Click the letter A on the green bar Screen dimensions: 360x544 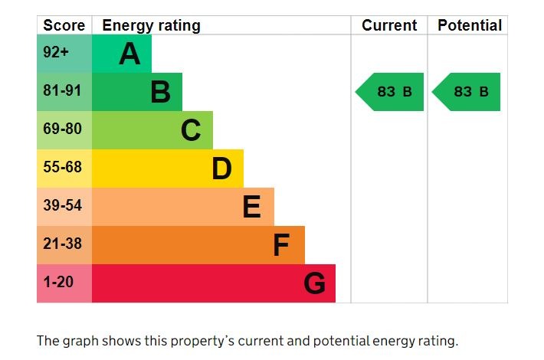click(129, 54)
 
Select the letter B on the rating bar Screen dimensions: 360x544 click(160, 92)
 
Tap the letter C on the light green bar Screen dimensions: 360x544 click(191, 130)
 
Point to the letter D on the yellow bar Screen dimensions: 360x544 click(221, 169)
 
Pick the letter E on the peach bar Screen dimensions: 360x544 click(251, 207)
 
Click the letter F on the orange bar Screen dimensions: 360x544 click(281, 245)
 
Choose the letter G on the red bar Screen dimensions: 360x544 click(314, 283)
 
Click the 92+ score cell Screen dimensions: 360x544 click(56, 54)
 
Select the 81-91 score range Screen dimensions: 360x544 click(62, 91)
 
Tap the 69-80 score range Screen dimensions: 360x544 click(62, 129)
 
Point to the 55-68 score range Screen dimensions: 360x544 click(62, 167)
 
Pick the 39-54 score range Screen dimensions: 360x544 click(62, 205)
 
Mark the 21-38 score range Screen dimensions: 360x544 click(62, 244)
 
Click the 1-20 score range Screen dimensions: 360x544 click(58, 282)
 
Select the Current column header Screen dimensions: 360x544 click(389, 25)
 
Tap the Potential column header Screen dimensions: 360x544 click(469, 25)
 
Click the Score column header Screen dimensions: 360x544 click(64, 25)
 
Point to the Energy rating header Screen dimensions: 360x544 click(151, 25)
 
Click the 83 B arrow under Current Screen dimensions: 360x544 click(391, 92)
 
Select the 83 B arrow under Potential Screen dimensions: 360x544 click(467, 92)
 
